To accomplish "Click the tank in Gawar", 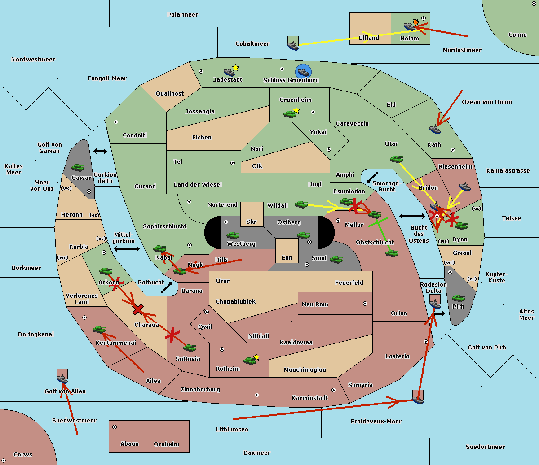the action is (x=78, y=168).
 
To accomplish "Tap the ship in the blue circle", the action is (x=303, y=71).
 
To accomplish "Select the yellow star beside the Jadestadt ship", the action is (x=235, y=68).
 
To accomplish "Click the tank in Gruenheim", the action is (x=290, y=114).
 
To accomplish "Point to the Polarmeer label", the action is (x=182, y=15).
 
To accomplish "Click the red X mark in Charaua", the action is (x=138, y=309).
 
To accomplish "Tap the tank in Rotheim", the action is (x=250, y=361).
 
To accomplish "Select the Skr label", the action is (x=252, y=222).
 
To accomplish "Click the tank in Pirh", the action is (x=458, y=298).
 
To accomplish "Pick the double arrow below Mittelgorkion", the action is (x=127, y=248).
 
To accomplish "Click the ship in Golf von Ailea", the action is (x=62, y=378).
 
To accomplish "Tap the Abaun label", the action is (x=130, y=443).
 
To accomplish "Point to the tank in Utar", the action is (x=396, y=159).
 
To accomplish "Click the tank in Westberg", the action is (x=233, y=235).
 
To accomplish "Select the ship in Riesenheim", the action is (x=465, y=187).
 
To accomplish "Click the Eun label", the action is (x=287, y=257).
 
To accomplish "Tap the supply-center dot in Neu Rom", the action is (x=365, y=304).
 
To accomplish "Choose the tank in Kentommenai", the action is (x=99, y=330).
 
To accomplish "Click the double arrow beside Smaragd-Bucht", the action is (x=372, y=177).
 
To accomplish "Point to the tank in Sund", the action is (x=336, y=259).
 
